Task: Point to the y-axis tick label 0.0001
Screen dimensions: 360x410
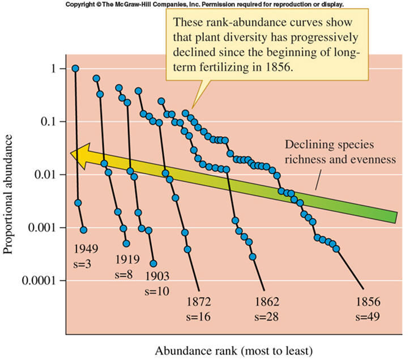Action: coord(43,281)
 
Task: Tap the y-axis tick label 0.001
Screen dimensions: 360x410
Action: coord(47,228)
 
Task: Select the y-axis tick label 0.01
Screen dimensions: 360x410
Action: coord(49,175)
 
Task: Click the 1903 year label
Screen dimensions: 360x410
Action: coord(157,276)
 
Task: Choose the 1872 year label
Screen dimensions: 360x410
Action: coord(200,301)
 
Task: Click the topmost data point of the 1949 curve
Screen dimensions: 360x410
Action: coord(75,69)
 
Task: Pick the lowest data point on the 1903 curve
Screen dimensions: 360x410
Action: coord(153,264)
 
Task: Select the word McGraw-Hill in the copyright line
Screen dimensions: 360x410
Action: coord(131,5)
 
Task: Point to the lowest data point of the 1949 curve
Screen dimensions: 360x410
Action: coord(84,230)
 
